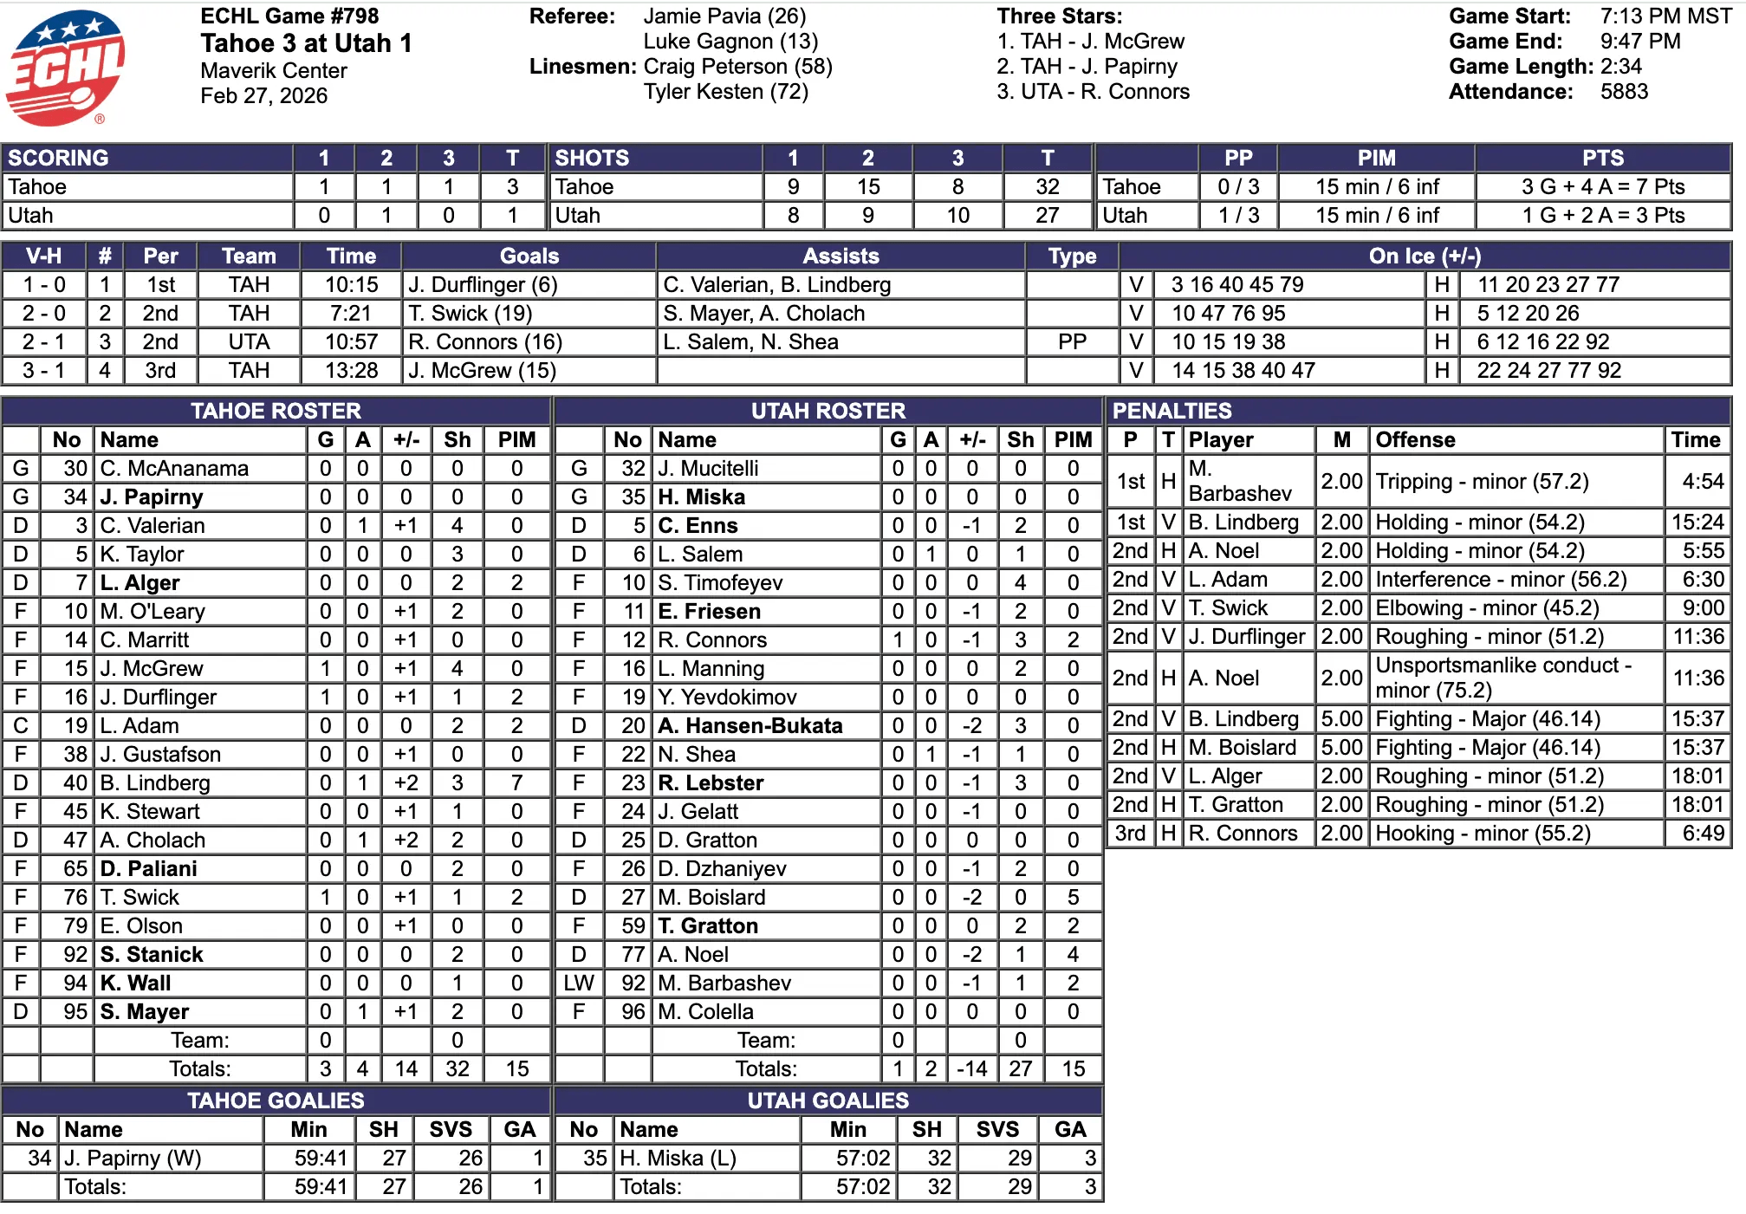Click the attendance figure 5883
tap(1624, 92)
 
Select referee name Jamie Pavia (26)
tap(724, 16)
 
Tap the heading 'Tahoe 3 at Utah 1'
tap(306, 43)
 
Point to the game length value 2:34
tap(1620, 67)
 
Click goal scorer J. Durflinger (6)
tap(483, 285)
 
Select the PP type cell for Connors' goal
tap(1072, 342)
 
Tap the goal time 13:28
tap(351, 371)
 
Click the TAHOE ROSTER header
tap(276, 411)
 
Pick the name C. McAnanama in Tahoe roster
tap(174, 469)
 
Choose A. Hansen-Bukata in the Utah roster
tap(750, 726)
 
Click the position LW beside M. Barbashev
tap(578, 984)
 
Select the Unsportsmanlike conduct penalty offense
tap(1503, 678)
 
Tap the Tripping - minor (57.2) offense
tap(1482, 482)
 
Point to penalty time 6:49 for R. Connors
tap(1703, 834)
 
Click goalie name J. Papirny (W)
tap(133, 1159)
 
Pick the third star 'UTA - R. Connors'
tap(1094, 92)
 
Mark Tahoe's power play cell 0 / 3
tap(1238, 187)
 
